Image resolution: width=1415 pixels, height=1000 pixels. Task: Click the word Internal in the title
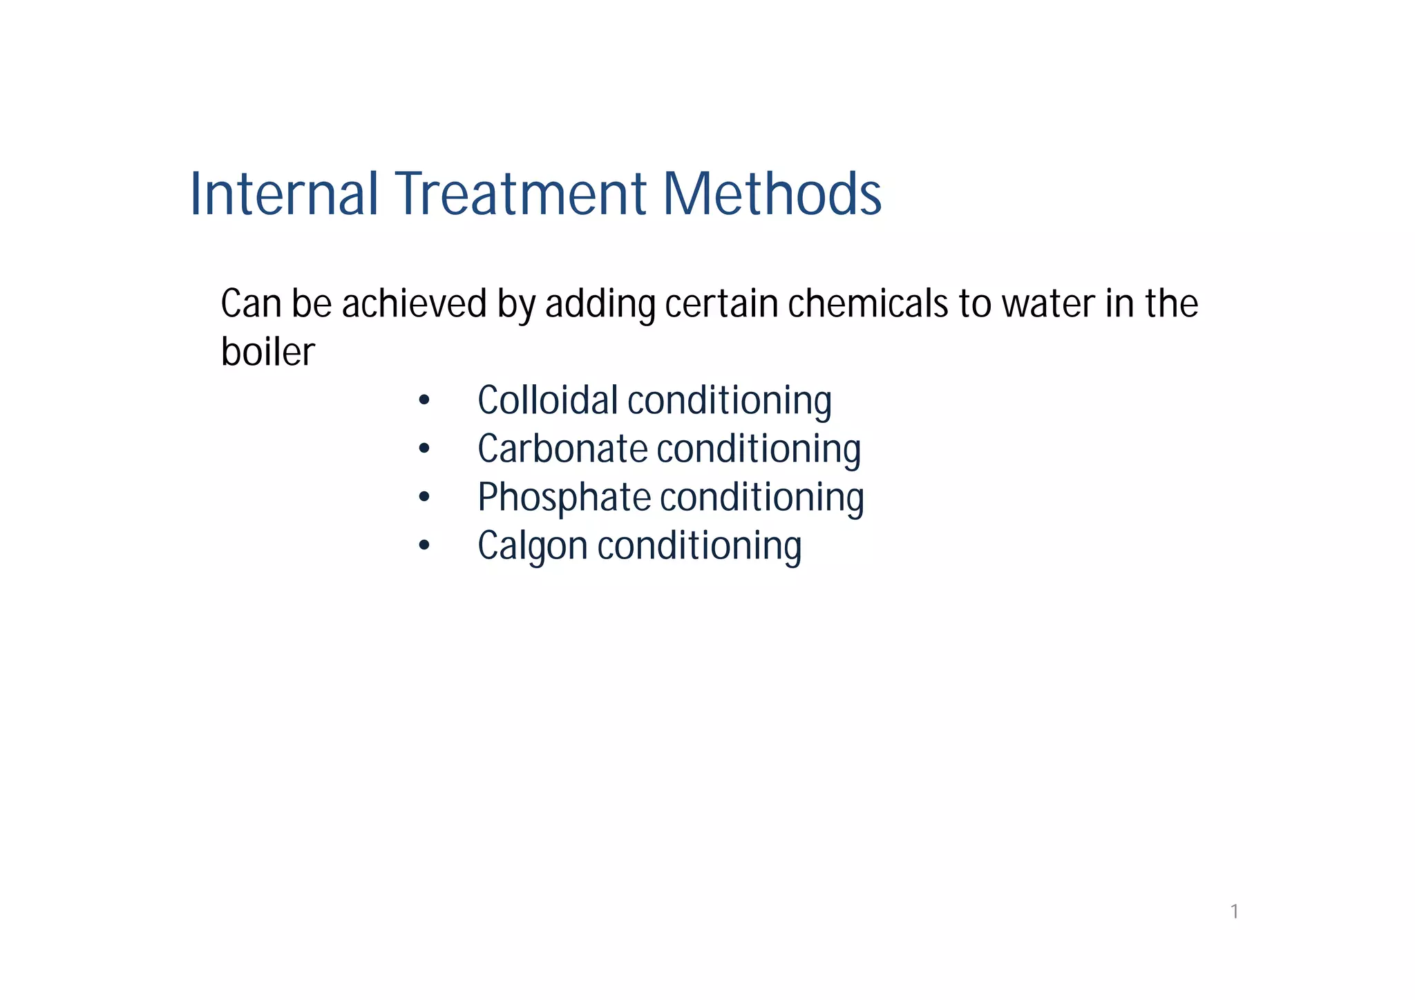[284, 194]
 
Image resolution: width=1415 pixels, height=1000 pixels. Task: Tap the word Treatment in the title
[520, 194]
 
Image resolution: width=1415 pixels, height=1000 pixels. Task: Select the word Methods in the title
[772, 194]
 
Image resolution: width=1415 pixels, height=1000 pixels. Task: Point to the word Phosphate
[564, 498]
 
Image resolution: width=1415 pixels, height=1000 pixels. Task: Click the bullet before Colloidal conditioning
[424, 402]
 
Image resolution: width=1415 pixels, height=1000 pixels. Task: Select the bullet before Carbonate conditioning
[424, 450]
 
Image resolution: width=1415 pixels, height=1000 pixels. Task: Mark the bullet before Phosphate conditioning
[424, 498]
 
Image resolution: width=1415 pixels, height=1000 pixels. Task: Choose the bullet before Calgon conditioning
[424, 546]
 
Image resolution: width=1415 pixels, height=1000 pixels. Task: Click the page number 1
[1234, 912]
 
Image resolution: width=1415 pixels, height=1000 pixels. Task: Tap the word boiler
[268, 352]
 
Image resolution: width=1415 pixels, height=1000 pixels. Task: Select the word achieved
[415, 304]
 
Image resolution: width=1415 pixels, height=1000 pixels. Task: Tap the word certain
[721, 304]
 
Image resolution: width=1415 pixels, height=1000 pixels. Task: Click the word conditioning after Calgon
[699, 546]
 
